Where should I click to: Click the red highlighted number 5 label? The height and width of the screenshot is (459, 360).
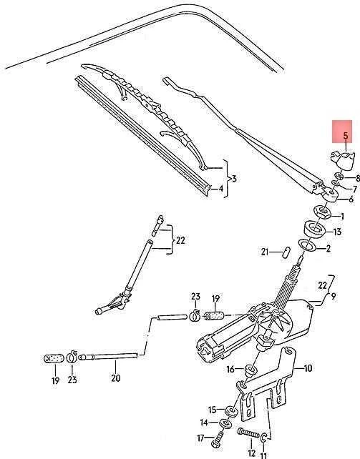click(x=346, y=136)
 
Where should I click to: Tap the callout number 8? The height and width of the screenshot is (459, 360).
click(x=357, y=178)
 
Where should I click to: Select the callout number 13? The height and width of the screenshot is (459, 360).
click(x=337, y=232)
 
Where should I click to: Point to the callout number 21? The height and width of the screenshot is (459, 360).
click(x=265, y=252)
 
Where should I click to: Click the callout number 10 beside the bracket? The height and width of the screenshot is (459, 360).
click(x=308, y=368)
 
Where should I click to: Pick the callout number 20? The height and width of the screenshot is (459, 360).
click(x=116, y=378)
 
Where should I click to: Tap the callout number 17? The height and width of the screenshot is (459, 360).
click(x=200, y=438)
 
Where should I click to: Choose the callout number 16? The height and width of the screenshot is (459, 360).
click(x=230, y=370)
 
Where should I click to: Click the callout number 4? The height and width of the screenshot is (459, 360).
click(x=220, y=188)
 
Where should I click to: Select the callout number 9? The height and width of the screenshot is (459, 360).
click(x=334, y=296)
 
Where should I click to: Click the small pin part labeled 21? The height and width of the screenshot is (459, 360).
click(x=287, y=252)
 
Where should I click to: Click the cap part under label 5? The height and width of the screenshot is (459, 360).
click(x=342, y=161)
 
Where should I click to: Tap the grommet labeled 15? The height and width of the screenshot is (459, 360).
click(x=231, y=411)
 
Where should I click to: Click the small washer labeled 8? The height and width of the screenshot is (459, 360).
click(x=339, y=176)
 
